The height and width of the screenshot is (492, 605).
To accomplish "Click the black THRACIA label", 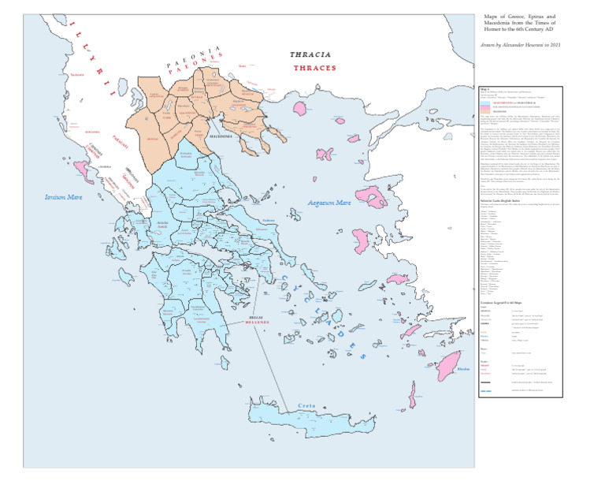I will click(x=310, y=55).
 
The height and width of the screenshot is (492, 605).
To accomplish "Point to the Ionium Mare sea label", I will click(x=64, y=197).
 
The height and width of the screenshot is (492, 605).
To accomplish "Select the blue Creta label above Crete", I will click(x=306, y=407).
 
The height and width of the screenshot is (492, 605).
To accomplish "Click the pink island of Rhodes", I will click(x=449, y=364).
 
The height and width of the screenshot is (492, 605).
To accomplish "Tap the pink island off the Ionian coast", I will click(x=82, y=166).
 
